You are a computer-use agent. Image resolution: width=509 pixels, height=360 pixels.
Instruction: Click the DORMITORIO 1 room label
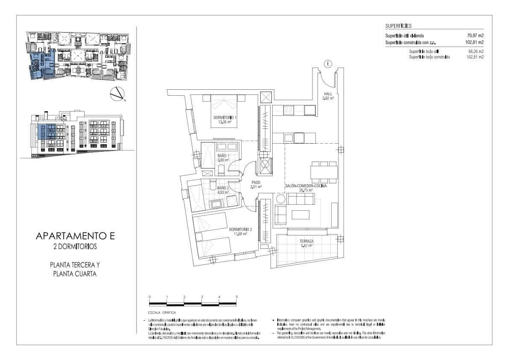(225, 117)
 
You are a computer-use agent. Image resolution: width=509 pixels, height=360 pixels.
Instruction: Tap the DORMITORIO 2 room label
(240, 230)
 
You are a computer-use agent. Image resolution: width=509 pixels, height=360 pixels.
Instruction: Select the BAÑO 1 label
(223, 155)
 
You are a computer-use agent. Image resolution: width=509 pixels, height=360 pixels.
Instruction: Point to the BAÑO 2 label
(223, 188)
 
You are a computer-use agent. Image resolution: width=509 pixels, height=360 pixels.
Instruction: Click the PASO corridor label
(256, 182)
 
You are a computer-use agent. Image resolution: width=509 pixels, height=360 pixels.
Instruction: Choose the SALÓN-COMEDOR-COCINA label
(306, 186)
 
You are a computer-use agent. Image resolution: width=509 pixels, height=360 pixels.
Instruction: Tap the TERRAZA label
(306, 241)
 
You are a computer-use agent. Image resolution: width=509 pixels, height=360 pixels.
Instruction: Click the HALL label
(328, 94)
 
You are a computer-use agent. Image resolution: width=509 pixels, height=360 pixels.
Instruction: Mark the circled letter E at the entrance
(328, 64)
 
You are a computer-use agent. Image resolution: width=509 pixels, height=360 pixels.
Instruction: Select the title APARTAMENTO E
(76, 236)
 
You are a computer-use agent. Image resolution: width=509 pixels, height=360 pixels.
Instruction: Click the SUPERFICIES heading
(398, 26)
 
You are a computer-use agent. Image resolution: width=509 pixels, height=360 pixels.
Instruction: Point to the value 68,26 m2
(476, 51)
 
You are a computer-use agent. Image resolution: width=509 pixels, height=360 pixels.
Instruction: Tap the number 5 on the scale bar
(236, 297)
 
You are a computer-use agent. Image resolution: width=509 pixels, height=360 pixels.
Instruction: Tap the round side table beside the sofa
(281, 199)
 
